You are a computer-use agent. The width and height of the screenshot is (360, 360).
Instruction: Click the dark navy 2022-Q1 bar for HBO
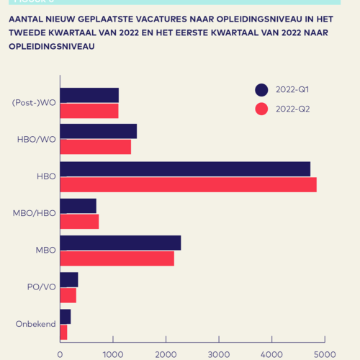pos(185,169)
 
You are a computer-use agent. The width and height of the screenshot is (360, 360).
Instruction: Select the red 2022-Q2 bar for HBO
pos(188,184)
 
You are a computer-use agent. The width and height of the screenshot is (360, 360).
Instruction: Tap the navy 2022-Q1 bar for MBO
pos(120,243)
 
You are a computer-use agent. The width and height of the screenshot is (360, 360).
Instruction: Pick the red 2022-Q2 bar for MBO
pos(117,258)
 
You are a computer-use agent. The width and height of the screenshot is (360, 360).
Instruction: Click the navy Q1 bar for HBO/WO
pos(98,131)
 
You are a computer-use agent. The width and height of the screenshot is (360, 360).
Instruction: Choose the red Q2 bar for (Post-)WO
pos(89,110)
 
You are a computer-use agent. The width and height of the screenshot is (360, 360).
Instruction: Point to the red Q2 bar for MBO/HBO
pos(79,221)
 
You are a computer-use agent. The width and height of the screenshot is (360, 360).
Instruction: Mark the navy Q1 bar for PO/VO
pos(68,280)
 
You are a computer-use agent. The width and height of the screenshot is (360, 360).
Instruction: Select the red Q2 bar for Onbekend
pos(63,332)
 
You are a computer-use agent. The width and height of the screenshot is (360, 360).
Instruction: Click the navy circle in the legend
pos(261,90)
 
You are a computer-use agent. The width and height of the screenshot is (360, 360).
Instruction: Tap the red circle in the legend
pos(261,109)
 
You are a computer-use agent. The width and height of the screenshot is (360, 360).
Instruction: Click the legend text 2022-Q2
pos(292,109)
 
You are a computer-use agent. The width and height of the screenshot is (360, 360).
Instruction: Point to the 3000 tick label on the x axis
pos(219,354)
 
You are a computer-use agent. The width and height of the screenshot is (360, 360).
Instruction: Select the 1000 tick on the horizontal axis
pos(113,354)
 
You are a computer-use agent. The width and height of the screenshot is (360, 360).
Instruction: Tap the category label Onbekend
pos(35,324)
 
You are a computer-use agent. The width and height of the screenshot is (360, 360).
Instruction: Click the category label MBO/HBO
pos(34,213)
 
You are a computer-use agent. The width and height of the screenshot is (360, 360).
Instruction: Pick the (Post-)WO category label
pos(34,102)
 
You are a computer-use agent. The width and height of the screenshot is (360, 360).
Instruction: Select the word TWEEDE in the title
pos(29,32)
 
